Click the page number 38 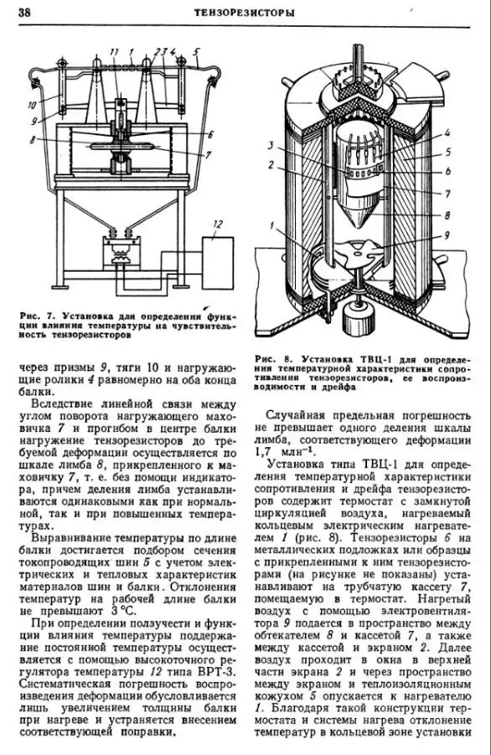click(24, 13)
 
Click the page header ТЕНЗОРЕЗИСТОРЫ click(245, 13)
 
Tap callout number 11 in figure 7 click(114, 51)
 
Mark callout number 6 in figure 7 click(210, 135)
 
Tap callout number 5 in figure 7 click(197, 51)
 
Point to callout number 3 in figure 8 click(271, 144)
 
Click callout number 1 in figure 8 click(272, 225)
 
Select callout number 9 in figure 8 click(447, 236)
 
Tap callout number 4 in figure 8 click(447, 132)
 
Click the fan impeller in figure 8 click(355, 253)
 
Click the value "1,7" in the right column click(263, 452)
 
